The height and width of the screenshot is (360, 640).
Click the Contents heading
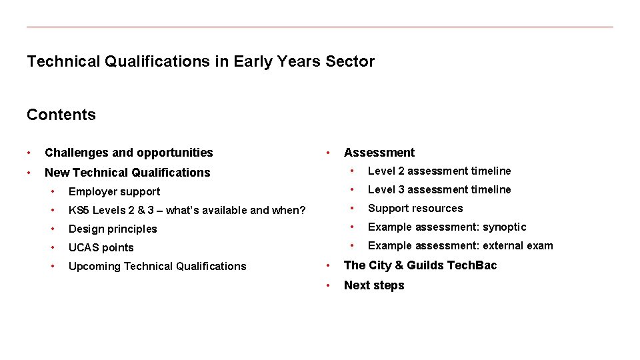point(61,115)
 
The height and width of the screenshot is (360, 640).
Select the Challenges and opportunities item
point(129,153)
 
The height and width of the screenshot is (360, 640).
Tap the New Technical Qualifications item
point(127,173)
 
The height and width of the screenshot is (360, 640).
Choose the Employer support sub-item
point(114,192)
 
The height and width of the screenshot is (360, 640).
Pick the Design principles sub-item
point(113,229)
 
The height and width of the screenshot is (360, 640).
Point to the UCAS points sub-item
point(101,248)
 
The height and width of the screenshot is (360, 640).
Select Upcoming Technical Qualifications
point(157,267)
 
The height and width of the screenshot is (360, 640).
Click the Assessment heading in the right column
point(379,153)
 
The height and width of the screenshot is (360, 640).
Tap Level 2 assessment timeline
point(439,171)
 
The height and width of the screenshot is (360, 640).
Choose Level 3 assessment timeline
point(439,190)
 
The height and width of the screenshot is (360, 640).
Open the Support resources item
point(415,209)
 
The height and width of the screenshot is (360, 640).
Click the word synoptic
point(505,227)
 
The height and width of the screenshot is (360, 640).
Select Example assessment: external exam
point(460,246)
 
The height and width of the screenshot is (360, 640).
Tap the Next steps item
point(374,285)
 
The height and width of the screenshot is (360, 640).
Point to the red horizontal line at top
point(320,27)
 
